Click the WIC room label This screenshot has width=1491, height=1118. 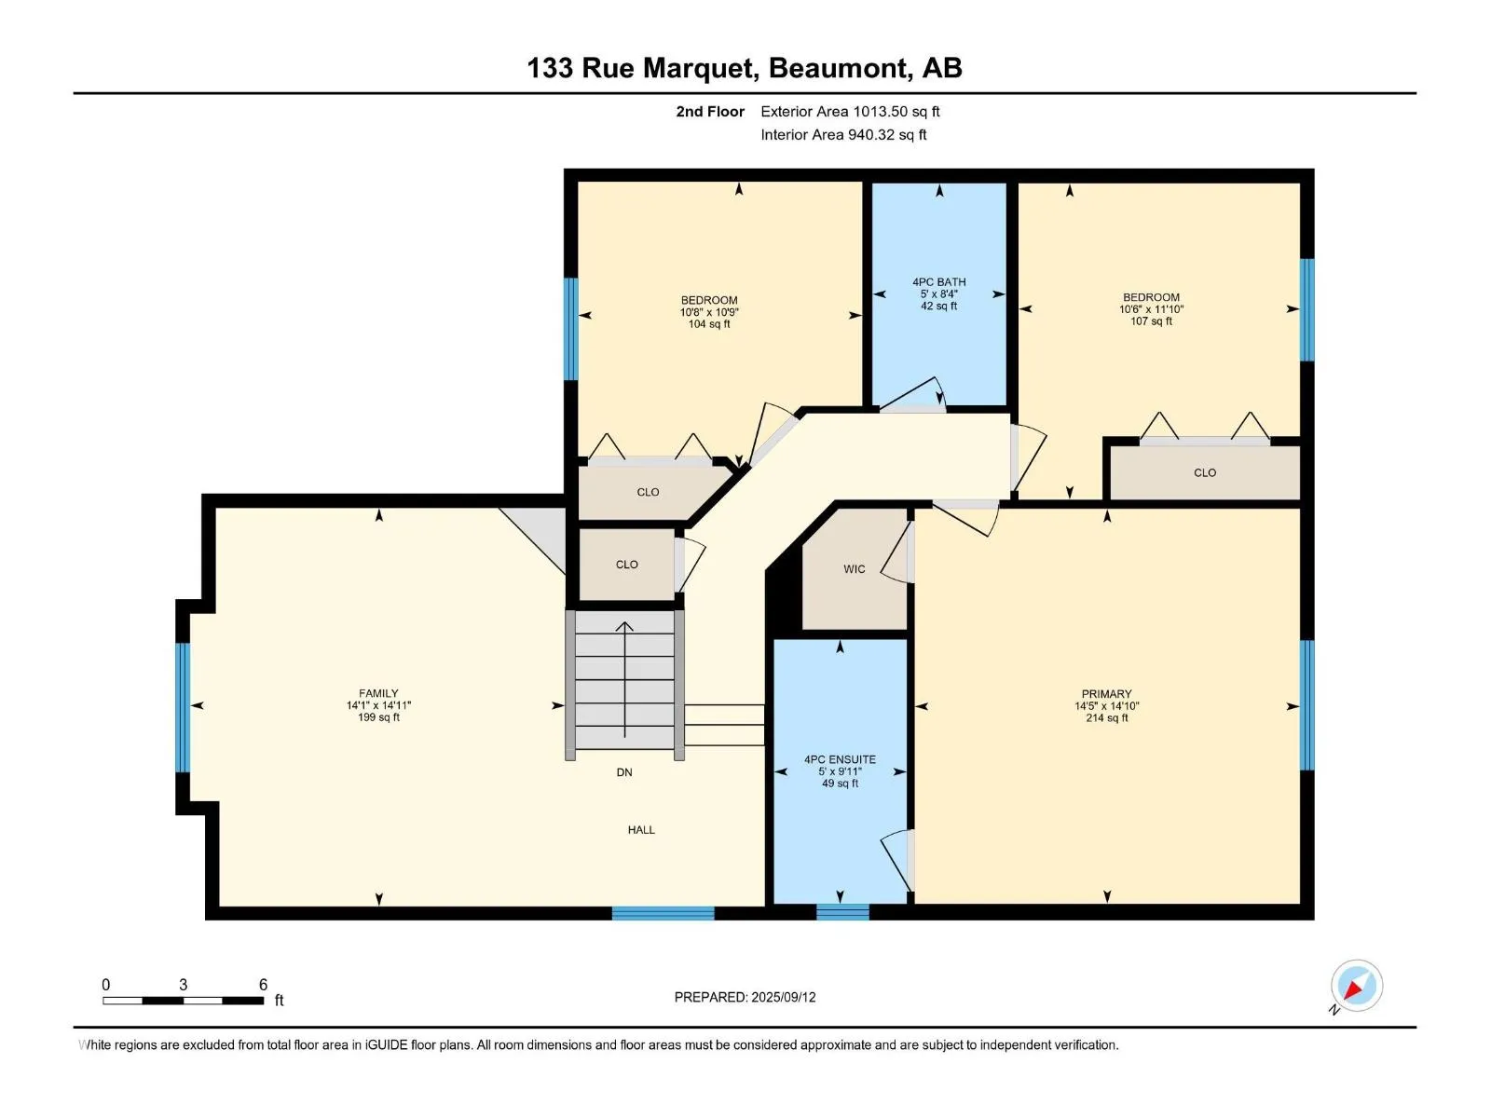(854, 569)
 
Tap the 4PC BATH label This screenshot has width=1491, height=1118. (938, 281)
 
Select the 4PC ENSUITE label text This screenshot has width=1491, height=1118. (840, 759)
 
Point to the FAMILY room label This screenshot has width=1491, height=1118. (378, 693)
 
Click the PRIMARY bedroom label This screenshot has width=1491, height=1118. (1106, 694)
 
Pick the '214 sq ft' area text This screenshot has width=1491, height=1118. (1106, 717)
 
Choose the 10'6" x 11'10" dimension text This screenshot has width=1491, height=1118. (1151, 309)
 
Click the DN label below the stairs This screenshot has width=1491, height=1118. (623, 771)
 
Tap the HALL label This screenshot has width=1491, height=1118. (641, 829)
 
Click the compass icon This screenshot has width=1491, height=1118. (1356, 986)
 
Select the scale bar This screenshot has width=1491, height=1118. (184, 1001)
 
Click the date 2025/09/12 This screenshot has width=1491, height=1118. (783, 997)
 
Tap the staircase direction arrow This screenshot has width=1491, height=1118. (624, 679)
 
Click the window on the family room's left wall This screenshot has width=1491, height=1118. (182, 707)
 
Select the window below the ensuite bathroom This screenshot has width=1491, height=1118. (842, 912)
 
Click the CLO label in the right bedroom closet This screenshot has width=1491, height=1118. (1204, 472)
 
